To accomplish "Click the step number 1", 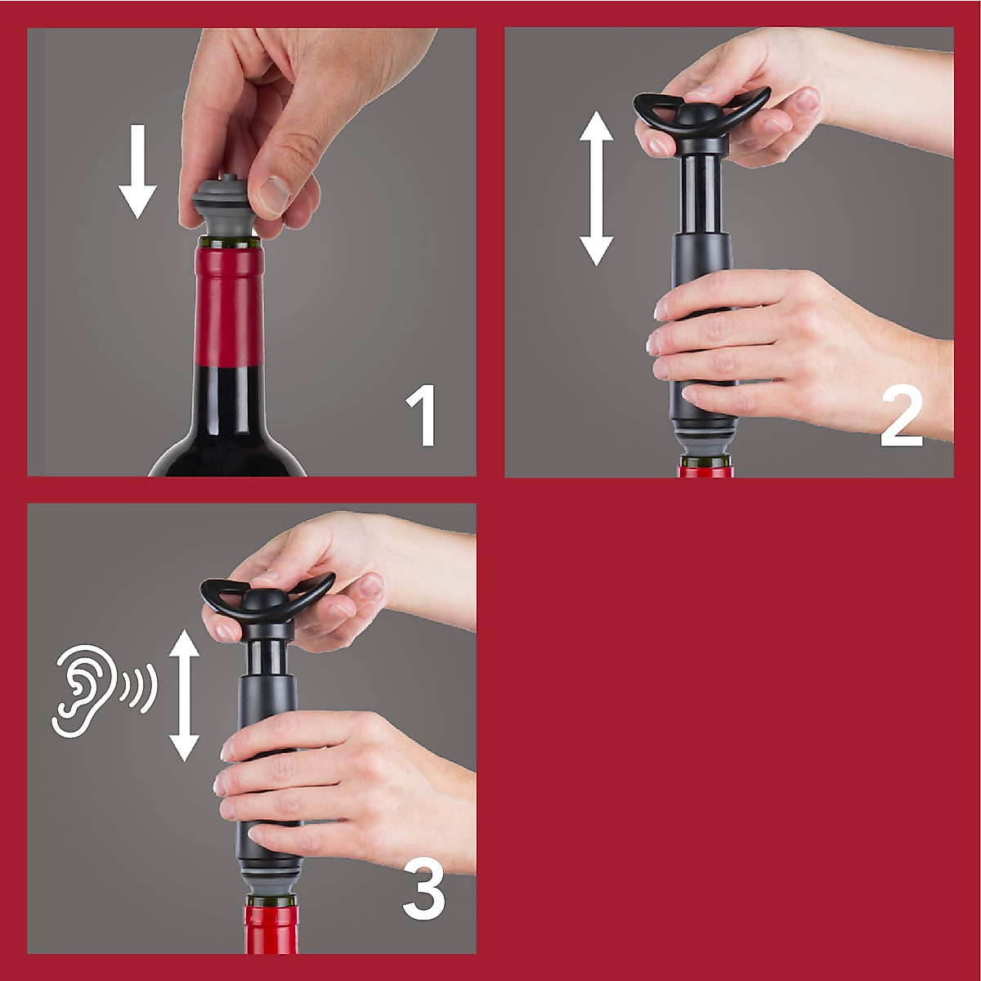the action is click(x=422, y=415).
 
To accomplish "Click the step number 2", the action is click(x=901, y=416).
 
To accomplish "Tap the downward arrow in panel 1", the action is click(x=137, y=172).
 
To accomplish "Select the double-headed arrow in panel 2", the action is click(x=596, y=188).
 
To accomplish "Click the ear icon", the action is click(x=82, y=691).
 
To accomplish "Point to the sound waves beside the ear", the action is click(x=138, y=688).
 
